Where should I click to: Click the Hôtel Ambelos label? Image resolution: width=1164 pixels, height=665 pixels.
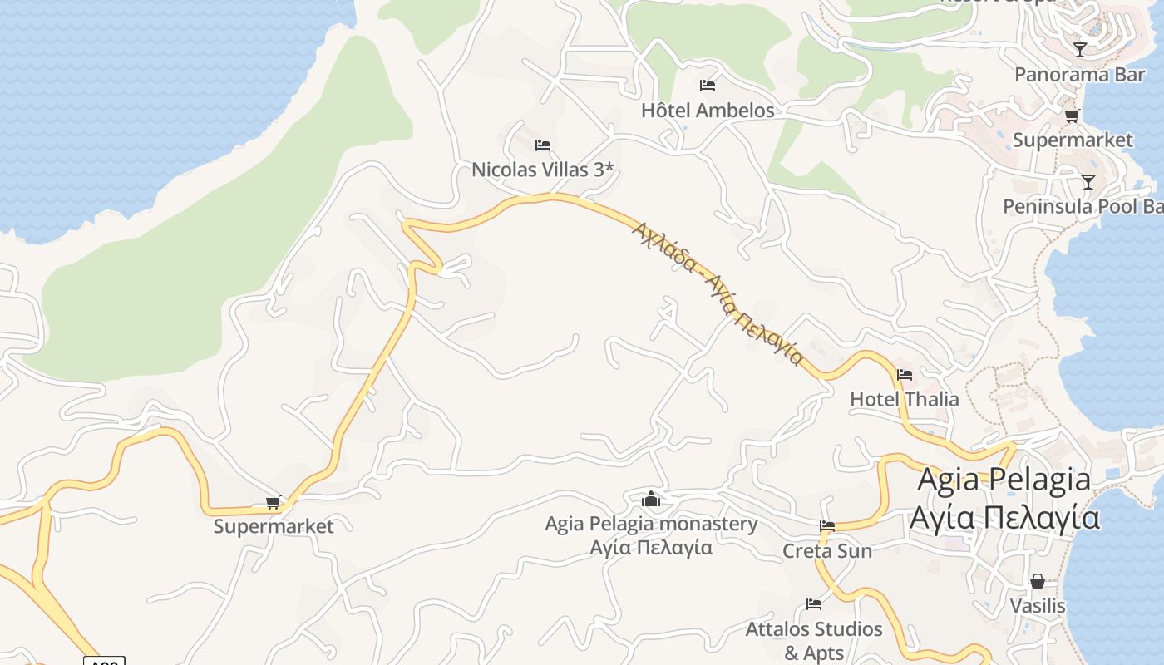click(x=707, y=111)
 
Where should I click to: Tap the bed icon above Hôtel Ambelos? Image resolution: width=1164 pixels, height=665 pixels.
click(x=708, y=85)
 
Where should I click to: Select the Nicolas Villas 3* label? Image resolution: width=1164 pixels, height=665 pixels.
click(x=543, y=170)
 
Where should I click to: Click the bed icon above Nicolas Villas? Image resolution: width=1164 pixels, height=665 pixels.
click(x=543, y=145)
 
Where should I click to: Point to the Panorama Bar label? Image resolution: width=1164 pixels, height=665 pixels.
click(x=1079, y=75)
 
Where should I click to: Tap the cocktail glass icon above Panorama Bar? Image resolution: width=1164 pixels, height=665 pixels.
click(x=1079, y=50)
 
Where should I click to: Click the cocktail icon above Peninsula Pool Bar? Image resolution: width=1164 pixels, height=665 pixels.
click(x=1088, y=181)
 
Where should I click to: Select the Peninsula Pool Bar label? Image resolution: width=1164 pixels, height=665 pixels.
click(x=1082, y=206)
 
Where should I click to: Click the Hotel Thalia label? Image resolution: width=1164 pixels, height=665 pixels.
click(x=904, y=400)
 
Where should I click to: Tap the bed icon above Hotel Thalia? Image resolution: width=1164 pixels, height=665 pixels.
click(x=905, y=375)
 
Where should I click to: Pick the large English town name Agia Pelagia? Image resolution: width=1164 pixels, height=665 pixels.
click(x=1004, y=480)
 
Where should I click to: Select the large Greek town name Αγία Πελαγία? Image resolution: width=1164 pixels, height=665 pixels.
click(x=1004, y=517)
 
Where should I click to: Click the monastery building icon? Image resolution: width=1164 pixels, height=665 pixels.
click(x=651, y=500)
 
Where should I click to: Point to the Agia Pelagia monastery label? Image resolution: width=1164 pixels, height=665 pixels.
click(x=651, y=525)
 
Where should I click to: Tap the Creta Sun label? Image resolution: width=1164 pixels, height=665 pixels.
click(x=826, y=551)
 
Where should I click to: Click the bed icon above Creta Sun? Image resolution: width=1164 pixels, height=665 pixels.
click(x=826, y=526)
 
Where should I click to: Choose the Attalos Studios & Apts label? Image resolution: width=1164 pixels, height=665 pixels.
click(x=813, y=641)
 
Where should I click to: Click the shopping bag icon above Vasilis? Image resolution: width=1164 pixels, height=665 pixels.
click(x=1037, y=581)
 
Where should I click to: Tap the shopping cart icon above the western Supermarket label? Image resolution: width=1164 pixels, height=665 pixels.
click(x=273, y=502)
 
